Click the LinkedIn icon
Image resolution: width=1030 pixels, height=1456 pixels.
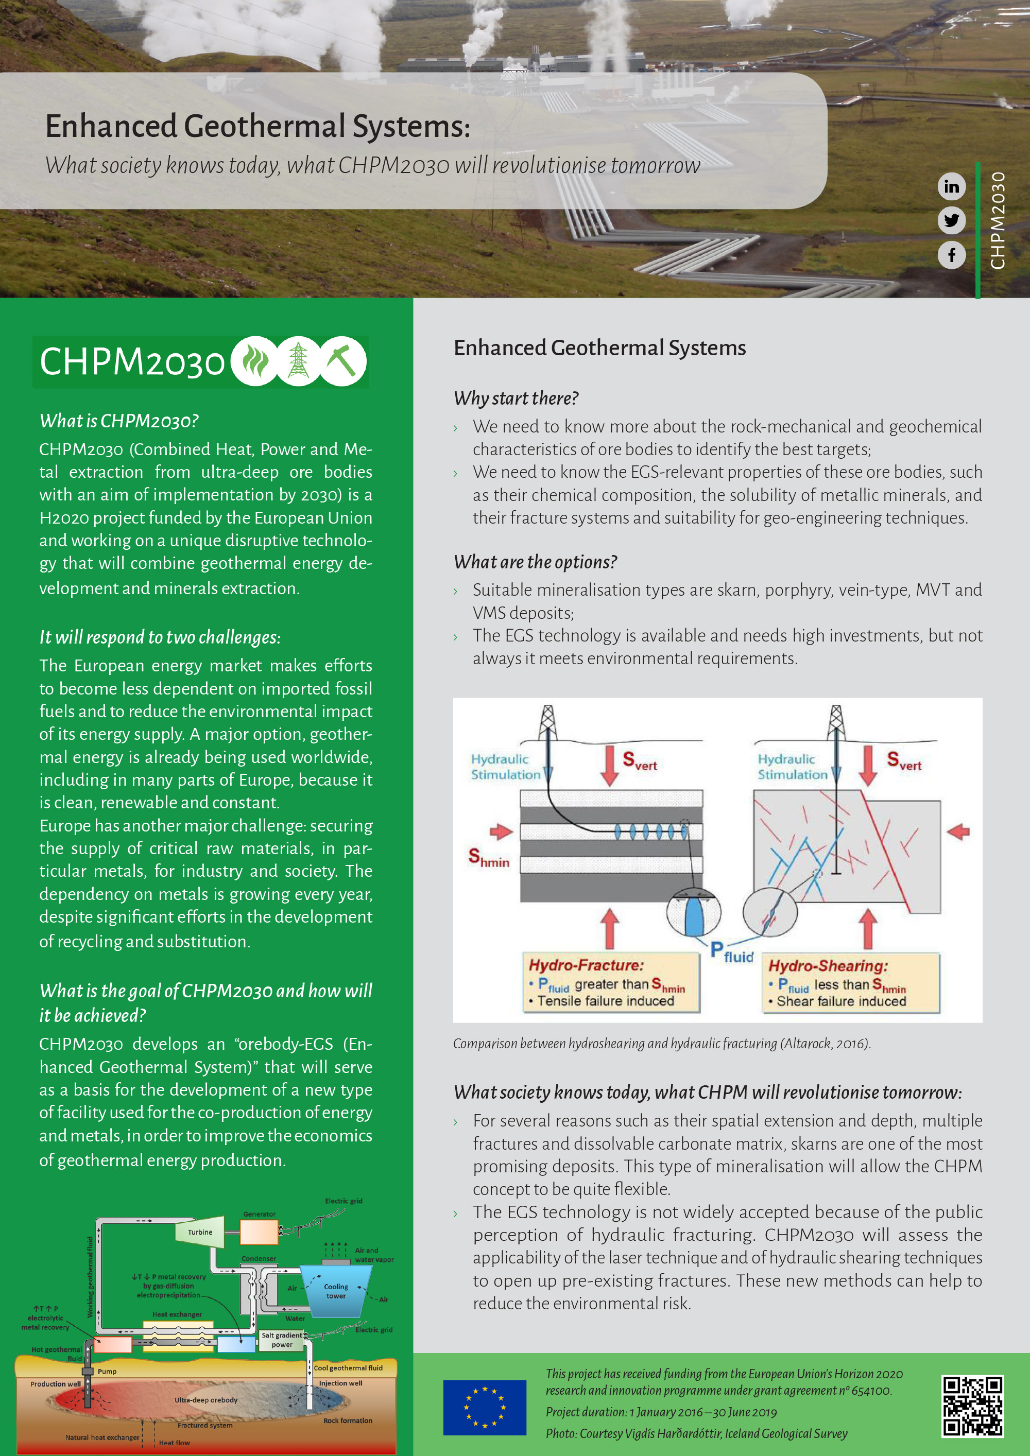951,186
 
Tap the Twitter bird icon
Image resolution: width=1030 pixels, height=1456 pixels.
951,221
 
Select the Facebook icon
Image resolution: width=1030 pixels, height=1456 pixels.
951,255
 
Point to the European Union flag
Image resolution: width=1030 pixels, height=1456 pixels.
485,1407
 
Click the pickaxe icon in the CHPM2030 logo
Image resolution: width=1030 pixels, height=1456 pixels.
342,361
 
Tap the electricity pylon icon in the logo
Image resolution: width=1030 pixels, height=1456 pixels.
298,361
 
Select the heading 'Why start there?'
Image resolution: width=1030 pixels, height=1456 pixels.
516,398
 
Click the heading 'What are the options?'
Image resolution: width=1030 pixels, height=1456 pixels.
535,562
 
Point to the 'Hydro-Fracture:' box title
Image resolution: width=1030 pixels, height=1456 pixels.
586,965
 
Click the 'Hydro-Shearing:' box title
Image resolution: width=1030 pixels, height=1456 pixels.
828,966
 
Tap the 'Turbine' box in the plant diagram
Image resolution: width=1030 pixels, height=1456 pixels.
200,1232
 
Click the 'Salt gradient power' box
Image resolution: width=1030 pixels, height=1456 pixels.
282,1340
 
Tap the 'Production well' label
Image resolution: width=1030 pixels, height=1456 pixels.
56,1384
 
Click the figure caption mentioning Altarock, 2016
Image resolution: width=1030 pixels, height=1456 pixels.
661,1043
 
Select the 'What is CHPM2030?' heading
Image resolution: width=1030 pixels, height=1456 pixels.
119,421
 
